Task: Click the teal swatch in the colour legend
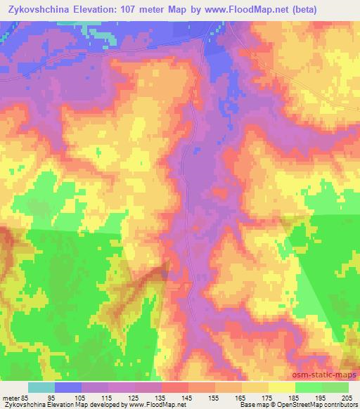tap(41, 387)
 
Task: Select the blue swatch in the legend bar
tap(68, 387)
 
